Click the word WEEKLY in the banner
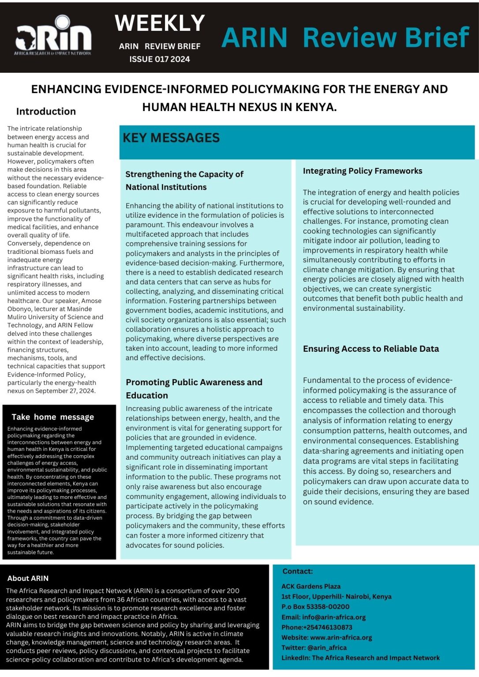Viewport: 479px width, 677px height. click(160, 23)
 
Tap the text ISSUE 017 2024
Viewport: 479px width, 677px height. click(159, 59)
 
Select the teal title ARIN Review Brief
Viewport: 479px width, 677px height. click(345, 37)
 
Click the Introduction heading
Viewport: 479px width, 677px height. click(46, 112)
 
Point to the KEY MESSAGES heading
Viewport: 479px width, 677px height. click(171, 138)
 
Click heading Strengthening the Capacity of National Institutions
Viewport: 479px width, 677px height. click(184, 181)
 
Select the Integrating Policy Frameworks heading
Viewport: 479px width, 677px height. click(362, 171)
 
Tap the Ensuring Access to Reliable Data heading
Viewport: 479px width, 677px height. click(370, 349)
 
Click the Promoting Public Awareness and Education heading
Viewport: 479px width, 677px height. click(194, 388)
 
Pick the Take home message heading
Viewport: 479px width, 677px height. click(52, 417)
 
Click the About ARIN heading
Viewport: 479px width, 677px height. click(28, 578)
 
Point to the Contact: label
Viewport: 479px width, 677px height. click(297, 571)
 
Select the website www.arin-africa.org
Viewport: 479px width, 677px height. click(341, 637)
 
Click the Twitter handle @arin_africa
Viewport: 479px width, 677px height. click(327, 647)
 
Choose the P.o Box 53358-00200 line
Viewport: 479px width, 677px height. click(315, 606)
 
